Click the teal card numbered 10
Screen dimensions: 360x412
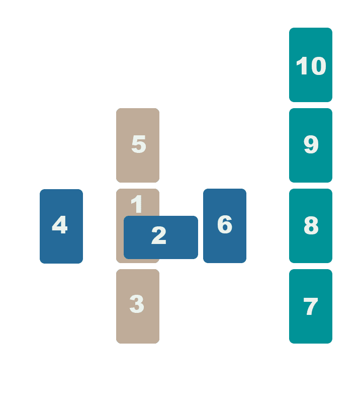[311, 64]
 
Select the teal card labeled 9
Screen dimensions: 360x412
[311, 145]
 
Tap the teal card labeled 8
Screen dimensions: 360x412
[311, 226]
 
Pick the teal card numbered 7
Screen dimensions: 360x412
[311, 306]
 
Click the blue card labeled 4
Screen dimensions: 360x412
[61, 226]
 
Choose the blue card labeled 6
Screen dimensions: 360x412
[225, 226]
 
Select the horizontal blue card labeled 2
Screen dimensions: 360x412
[161, 237]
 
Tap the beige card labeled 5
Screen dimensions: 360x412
[138, 145]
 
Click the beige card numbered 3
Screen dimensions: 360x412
[138, 306]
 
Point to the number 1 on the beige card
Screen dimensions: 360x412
[137, 204]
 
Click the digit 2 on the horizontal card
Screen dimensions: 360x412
[159, 235]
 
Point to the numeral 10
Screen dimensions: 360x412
[311, 66]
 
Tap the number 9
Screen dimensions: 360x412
[311, 144]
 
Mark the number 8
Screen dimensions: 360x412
[311, 225]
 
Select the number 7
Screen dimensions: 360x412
[311, 306]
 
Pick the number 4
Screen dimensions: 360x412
[60, 224]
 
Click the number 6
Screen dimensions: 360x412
[225, 224]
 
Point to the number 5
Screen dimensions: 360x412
[139, 144]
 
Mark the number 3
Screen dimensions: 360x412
[137, 304]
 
